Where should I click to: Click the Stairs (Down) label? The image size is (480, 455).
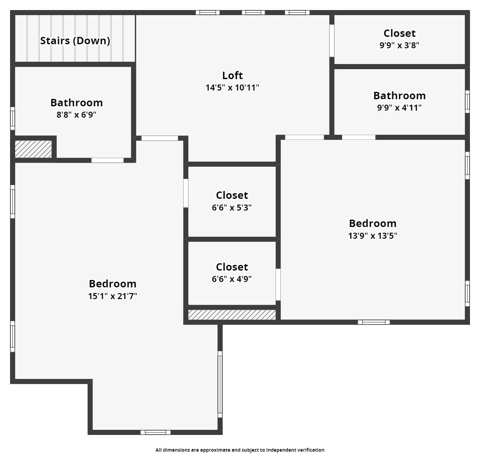(x=75, y=41)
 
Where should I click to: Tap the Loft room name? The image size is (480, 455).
(x=232, y=75)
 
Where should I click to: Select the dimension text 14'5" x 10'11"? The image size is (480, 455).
(x=232, y=88)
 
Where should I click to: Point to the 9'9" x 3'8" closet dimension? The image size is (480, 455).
(x=399, y=45)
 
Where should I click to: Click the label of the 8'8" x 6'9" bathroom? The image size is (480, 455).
(x=77, y=103)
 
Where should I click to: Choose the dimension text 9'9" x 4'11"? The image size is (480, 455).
(x=399, y=108)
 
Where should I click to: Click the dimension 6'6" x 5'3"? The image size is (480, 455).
(x=232, y=208)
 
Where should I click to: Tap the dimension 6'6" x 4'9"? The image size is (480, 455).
(x=232, y=279)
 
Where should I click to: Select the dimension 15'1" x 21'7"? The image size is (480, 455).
(x=113, y=296)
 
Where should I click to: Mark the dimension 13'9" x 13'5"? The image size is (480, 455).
(x=373, y=236)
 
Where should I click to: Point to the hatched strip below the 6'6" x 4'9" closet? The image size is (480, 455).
(x=232, y=315)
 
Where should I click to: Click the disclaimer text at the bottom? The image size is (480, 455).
(x=240, y=450)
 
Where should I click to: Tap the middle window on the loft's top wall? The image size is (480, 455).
(x=253, y=13)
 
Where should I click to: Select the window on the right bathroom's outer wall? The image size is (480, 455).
(x=467, y=101)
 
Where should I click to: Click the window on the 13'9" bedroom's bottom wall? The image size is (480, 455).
(x=374, y=322)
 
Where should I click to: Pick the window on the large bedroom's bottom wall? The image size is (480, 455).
(x=155, y=432)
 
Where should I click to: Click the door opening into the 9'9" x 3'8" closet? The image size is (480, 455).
(x=332, y=41)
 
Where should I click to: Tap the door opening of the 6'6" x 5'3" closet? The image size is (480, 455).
(x=185, y=193)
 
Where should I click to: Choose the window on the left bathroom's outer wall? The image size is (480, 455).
(x=12, y=118)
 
